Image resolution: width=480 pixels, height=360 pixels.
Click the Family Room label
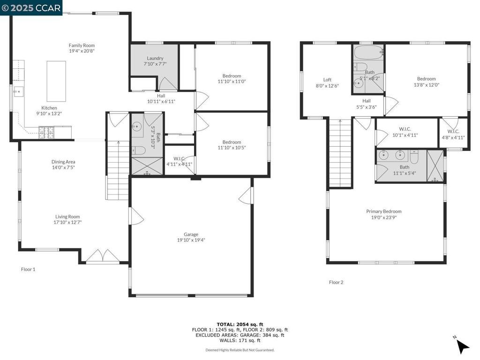point(82,45)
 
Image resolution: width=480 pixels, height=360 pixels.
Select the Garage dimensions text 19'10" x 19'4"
point(191,240)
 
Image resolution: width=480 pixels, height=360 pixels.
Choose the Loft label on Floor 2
point(327,80)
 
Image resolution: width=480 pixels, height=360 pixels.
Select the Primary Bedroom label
point(383,211)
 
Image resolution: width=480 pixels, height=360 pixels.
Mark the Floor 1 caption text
point(28,270)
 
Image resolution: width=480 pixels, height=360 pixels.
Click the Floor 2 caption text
point(336,282)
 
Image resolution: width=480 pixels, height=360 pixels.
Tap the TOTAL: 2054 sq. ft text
point(240,324)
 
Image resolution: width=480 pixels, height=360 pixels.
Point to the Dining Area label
point(63,162)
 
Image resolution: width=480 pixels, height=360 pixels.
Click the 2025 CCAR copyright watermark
point(31,8)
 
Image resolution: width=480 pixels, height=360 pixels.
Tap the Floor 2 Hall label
point(367,101)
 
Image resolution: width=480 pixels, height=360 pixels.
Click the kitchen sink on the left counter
point(19,91)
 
